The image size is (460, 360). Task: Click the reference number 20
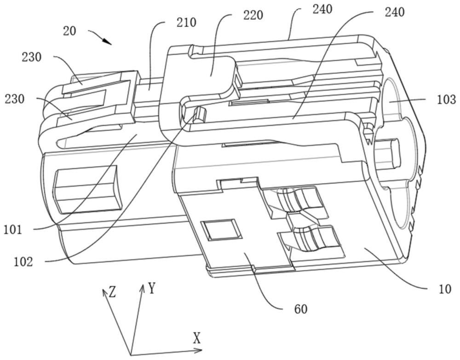pos(70,32)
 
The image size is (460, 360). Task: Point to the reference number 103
pos(447,99)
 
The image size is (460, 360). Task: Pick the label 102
pos(23,261)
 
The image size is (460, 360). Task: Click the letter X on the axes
pos(197,339)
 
